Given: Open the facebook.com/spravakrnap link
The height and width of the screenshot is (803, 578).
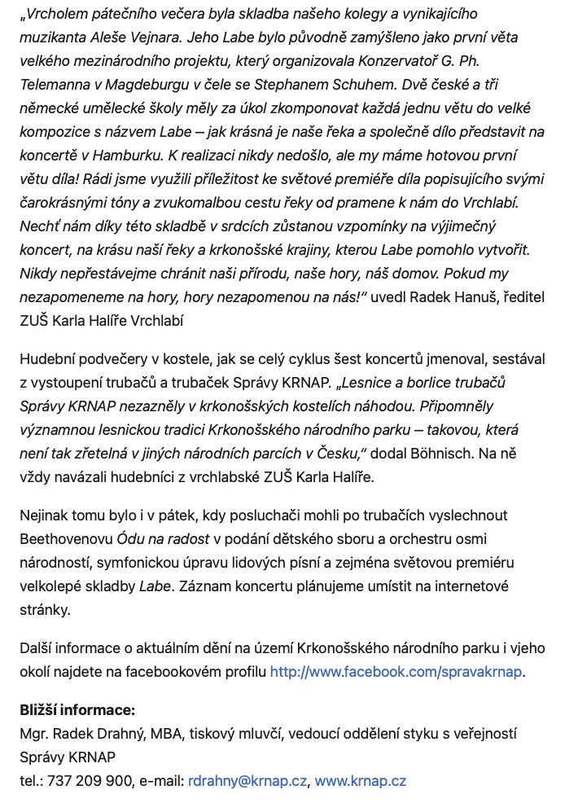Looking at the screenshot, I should tap(396, 672).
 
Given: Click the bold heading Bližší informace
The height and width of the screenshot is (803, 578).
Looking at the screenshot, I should tap(77, 710).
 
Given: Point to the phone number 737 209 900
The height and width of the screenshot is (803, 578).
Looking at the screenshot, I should tap(90, 781).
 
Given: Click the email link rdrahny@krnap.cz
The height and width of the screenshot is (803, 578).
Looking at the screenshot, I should tap(247, 781).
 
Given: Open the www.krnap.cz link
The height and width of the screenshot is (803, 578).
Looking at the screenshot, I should tap(360, 781).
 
